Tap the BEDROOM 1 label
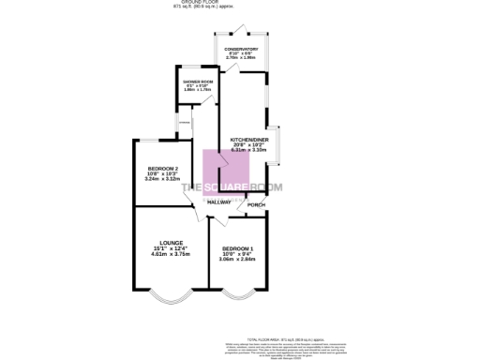[x=236, y=247]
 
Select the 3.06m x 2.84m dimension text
[x=236, y=259]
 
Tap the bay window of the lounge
[x=171, y=300]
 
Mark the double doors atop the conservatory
[x=241, y=28]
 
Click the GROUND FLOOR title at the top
[x=240, y=3]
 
